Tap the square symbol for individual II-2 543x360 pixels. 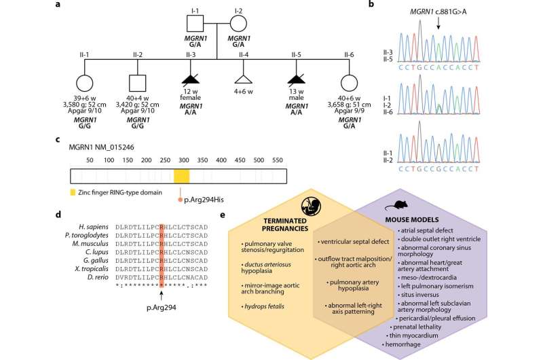click(138, 83)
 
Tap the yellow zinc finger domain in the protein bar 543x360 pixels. click(181, 176)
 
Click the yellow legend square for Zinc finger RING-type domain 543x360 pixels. click(73, 192)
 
